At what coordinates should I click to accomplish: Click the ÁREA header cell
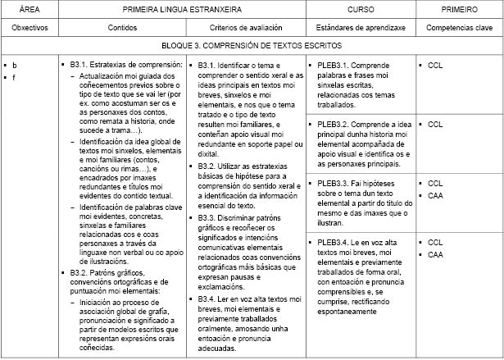pos(28,9)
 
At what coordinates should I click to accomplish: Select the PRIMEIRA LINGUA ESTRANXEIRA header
pos(179,9)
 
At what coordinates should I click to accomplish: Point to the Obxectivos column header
pos(28,28)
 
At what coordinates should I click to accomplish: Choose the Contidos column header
pos(122,28)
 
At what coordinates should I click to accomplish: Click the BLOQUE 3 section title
pos(251,46)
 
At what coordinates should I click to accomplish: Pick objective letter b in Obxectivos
pos(15,64)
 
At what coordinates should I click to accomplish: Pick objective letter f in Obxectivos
pos(15,77)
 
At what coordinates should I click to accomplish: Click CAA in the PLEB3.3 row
pos(435,196)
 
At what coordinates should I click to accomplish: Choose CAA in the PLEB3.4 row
pos(435,255)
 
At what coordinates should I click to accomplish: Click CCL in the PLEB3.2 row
pos(435,124)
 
